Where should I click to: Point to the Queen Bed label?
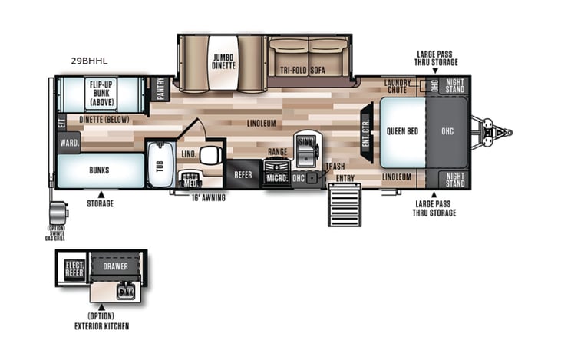pos(402,130)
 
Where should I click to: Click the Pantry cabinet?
pos(160,88)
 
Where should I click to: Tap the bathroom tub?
pos(160,163)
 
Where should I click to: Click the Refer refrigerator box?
pos(243,175)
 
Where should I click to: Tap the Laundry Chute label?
pos(398,86)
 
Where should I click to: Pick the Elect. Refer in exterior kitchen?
pos(73,269)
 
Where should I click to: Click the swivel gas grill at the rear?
pos(57,213)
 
